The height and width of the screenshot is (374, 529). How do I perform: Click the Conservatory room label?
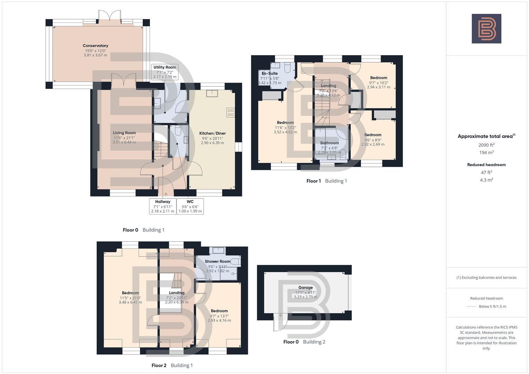[95, 46]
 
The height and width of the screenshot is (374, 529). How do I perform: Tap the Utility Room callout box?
[165, 72]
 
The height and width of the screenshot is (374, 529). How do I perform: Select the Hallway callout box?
[162, 206]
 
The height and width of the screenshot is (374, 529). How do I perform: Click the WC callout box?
[190, 206]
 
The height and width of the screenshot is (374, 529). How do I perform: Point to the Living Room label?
[124, 133]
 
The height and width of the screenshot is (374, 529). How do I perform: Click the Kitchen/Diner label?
[212, 133]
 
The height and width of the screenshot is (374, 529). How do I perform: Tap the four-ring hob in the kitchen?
[230, 113]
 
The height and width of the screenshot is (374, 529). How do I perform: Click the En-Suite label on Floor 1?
[270, 73]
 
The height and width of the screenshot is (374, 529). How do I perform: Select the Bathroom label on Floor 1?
[329, 143]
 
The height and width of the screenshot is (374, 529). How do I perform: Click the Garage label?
[305, 287]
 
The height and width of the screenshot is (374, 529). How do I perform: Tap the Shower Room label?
[217, 261]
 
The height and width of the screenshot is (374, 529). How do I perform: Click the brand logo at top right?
[486, 29]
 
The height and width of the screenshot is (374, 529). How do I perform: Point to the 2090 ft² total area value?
[486, 145]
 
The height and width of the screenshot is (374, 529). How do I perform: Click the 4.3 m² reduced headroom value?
[486, 180]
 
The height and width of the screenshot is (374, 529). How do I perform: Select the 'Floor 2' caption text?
[159, 365]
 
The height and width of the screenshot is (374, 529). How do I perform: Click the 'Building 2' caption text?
[314, 342]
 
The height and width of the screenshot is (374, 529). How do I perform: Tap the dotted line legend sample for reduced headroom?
[471, 306]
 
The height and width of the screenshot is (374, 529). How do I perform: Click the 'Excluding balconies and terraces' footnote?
[486, 277]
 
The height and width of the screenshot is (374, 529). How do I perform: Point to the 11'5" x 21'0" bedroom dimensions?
[130, 297]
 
